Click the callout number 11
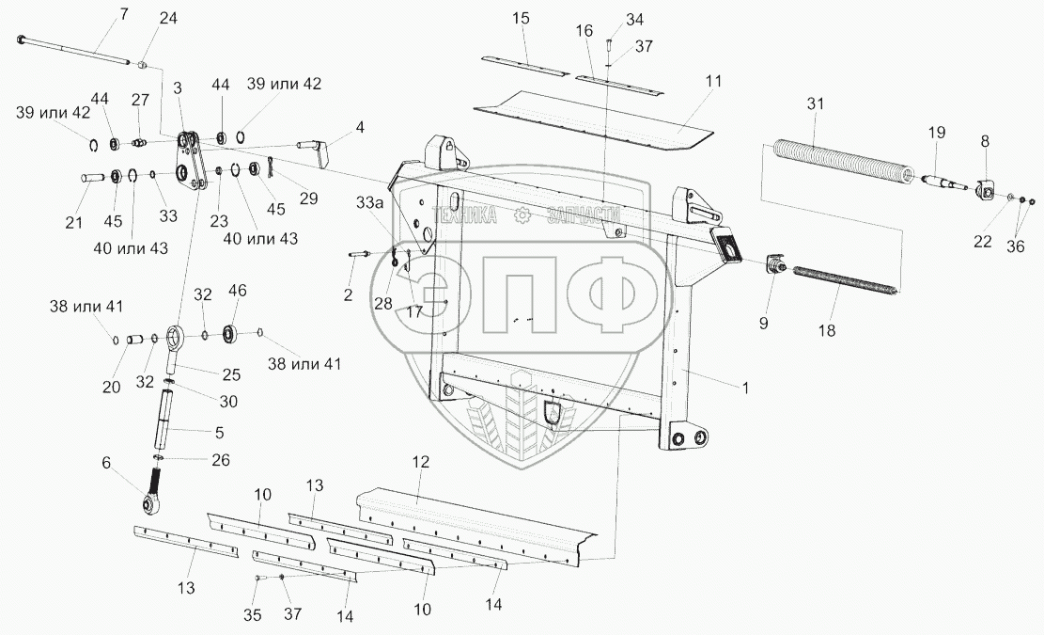pyautogui.click(x=714, y=82)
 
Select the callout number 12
pyautogui.click(x=420, y=462)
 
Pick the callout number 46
pyautogui.click(x=237, y=291)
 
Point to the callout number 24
pyautogui.click(x=167, y=18)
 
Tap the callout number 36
pyautogui.click(x=1014, y=246)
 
